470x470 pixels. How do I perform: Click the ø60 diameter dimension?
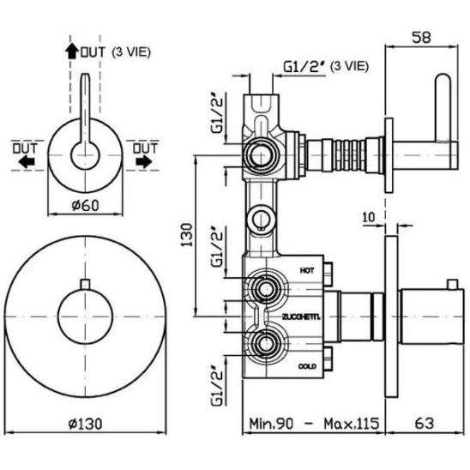[x=85, y=205]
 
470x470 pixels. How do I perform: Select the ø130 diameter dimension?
[x=85, y=424]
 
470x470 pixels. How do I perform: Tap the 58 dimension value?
[x=421, y=38]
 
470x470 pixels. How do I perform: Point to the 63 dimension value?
[x=425, y=424]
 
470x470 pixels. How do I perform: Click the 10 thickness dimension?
[x=369, y=217]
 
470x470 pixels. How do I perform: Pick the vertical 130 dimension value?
[x=186, y=235]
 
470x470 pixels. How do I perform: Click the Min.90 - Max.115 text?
[x=314, y=424]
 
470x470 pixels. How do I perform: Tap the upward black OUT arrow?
[x=72, y=51]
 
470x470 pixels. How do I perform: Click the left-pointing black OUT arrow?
[x=27, y=162]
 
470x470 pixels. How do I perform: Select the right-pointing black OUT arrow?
[x=144, y=162]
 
